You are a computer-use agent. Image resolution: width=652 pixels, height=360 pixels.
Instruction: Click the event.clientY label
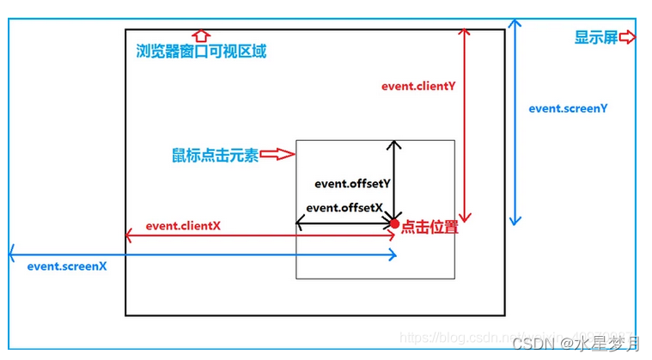tap(417, 87)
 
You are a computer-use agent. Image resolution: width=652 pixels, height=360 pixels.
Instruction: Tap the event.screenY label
tap(568, 108)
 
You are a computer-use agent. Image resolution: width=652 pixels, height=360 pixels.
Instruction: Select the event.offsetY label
tap(352, 183)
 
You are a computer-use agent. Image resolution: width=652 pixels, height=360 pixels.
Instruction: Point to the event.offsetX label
tap(344, 207)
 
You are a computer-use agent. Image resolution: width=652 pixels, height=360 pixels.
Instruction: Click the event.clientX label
tap(183, 225)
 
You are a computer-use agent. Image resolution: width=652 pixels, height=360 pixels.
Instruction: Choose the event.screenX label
tap(66, 265)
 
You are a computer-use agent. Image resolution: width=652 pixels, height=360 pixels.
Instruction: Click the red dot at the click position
tap(395, 224)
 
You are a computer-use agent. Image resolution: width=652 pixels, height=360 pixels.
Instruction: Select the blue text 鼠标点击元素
tap(215, 156)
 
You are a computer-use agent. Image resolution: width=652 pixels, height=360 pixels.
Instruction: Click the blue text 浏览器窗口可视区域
tap(201, 52)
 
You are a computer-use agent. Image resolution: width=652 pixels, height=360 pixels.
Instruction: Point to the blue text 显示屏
tap(595, 38)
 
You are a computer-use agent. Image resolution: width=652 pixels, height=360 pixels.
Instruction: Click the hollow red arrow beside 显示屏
tap(627, 38)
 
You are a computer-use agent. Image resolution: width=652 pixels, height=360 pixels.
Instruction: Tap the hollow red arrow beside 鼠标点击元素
tap(277, 155)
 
